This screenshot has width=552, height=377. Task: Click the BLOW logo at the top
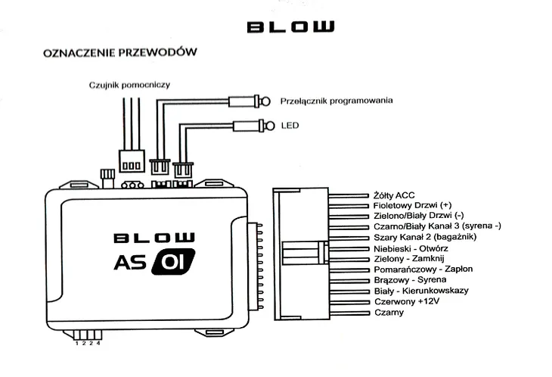point(290,27)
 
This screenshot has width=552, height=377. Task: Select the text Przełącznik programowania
point(336,101)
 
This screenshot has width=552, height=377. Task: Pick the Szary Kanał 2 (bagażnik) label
point(420,237)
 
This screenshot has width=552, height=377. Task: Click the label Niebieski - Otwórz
point(411,248)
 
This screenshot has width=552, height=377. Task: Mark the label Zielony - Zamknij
point(408,258)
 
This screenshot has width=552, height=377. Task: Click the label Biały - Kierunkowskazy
point(421,291)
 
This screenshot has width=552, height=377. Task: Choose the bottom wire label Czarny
point(389,312)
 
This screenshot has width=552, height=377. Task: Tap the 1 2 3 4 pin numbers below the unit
point(88,344)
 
